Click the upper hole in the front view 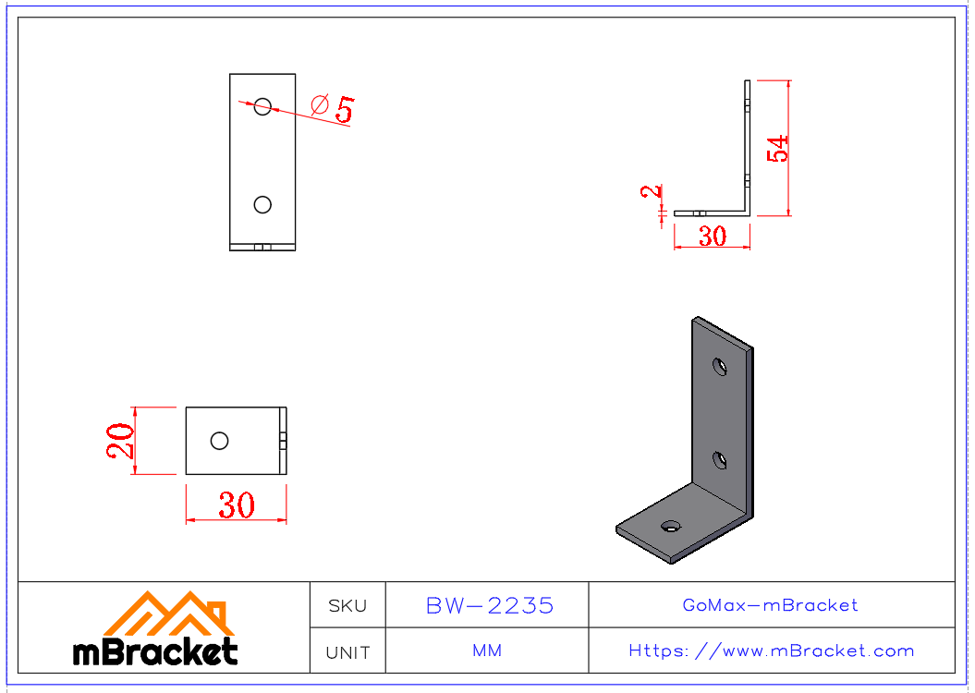tap(262, 106)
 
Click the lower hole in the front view tap(262, 204)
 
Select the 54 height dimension tap(779, 148)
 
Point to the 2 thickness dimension tap(652, 192)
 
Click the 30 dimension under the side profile tap(712, 237)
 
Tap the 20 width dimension tap(120, 440)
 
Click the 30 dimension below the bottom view tap(237, 505)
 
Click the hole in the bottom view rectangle tap(219, 441)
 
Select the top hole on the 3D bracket tap(719, 367)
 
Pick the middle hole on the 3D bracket tap(718, 458)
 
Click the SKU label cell tap(347, 606)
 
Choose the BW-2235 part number tap(489, 605)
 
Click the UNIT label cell tap(347, 652)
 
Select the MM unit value tap(487, 650)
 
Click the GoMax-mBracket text tap(770, 605)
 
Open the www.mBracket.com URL tap(771, 650)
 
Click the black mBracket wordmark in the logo tap(155, 652)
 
